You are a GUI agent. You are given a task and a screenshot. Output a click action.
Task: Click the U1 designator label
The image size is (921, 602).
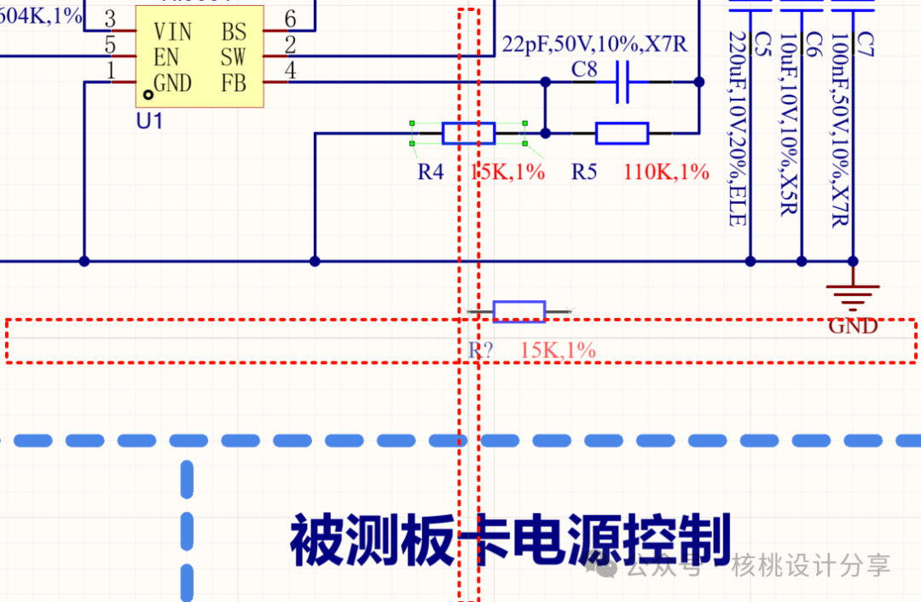click(149, 121)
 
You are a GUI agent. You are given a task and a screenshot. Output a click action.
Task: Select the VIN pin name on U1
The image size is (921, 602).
click(172, 32)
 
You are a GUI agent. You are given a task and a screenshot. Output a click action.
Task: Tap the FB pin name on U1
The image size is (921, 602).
click(234, 84)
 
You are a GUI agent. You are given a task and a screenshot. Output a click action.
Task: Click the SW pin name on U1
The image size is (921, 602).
click(233, 58)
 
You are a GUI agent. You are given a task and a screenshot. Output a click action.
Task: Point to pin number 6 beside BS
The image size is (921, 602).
click(291, 20)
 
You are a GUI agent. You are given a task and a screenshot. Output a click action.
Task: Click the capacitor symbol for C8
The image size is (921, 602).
click(623, 83)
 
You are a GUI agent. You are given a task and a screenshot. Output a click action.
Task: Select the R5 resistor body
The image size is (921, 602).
click(622, 133)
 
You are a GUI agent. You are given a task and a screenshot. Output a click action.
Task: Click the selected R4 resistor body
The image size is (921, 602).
click(468, 133)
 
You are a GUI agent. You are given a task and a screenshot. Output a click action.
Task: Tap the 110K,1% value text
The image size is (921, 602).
click(667, 172)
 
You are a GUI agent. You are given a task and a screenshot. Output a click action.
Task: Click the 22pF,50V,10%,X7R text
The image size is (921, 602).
click(594, 44)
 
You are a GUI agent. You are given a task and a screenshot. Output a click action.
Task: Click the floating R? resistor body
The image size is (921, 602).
click(519, 312)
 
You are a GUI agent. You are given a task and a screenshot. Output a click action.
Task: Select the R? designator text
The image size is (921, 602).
click(481, 350)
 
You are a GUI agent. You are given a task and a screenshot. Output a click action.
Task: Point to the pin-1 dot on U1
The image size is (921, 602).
click(148, 85)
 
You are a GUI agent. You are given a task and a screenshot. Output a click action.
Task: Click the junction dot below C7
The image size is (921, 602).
click(853, 261)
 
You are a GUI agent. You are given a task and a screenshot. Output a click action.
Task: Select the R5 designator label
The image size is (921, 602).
click(584, 172)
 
